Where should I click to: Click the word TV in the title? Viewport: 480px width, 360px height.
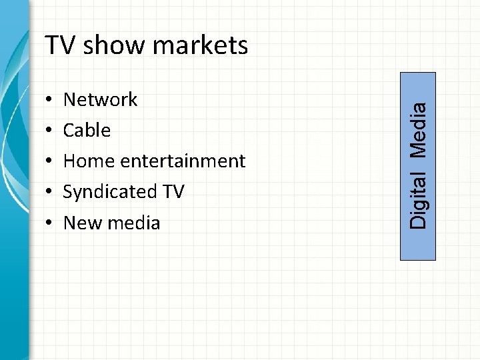[59, 45]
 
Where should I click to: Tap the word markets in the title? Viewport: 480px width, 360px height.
[200, 45]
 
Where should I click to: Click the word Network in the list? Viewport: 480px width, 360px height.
[100, 100]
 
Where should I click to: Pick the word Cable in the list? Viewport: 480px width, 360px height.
[87, 131]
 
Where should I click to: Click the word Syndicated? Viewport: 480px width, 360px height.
[109, 192]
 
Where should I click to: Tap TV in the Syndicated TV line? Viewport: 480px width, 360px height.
[173, 192]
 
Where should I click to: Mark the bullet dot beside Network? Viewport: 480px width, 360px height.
[51, 101]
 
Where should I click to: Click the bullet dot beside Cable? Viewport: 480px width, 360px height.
[51, 131]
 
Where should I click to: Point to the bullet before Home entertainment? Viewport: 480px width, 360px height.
[51, 162]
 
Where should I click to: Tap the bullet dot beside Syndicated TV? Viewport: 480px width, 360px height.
[51, 193]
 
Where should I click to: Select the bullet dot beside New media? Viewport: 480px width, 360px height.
[51, 223]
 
